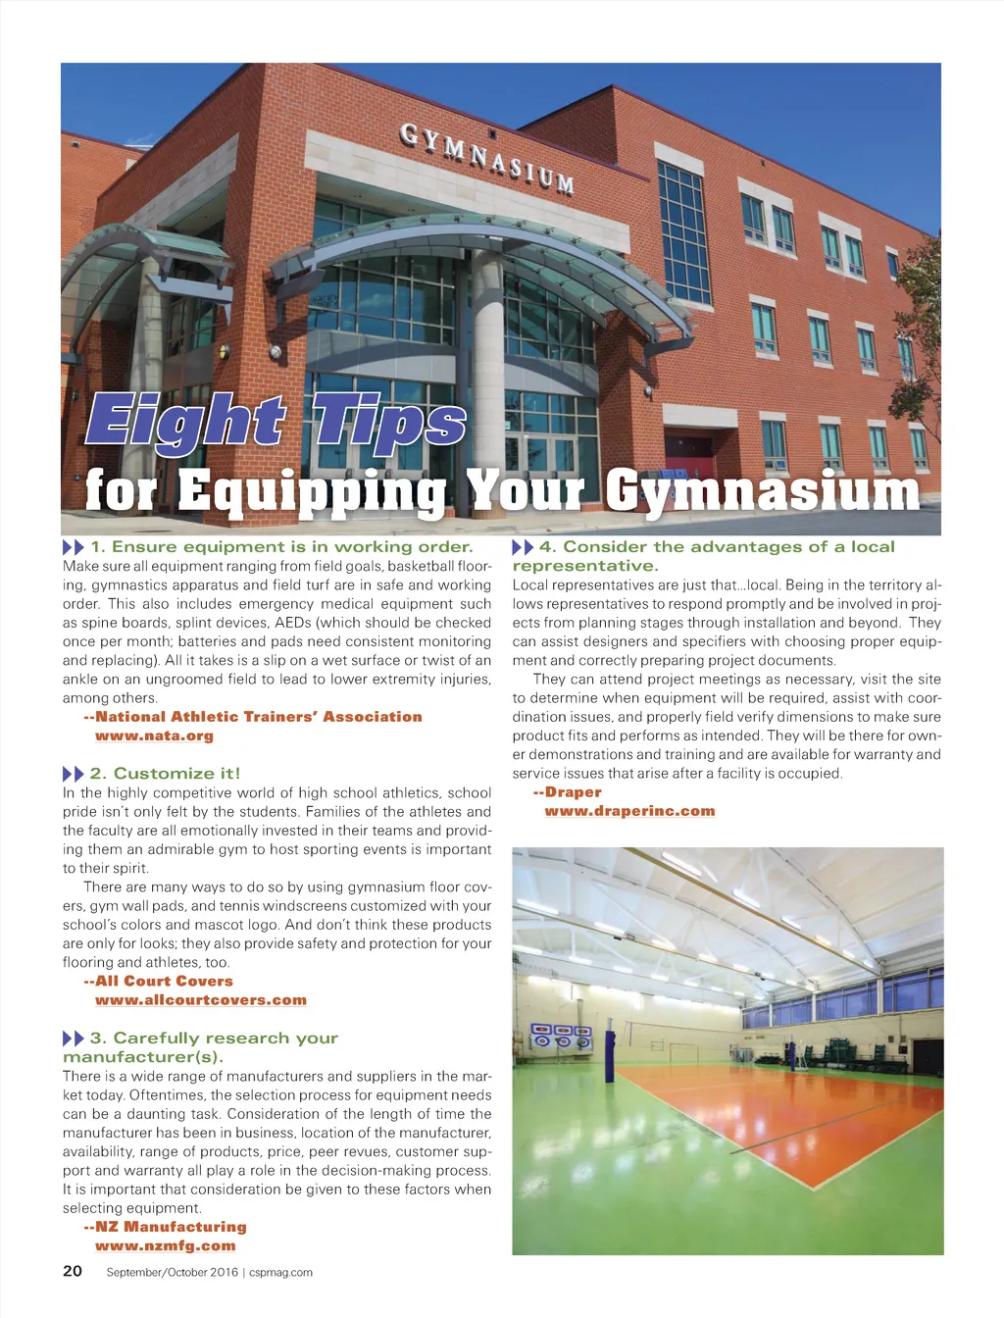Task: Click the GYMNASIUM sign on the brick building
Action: [x=487, y=157]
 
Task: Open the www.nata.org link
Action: [x=154, y=735]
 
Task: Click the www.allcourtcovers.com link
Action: [x=201, y=1000]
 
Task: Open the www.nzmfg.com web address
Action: [x=166, y=1245]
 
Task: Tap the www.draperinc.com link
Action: [x=629, y=811]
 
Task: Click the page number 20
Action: [x=73, y=1271]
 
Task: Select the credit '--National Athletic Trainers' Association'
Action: [x=253, y=717]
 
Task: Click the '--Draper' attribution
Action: [x=568, y=792]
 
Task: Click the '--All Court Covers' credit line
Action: [x=159, y=981]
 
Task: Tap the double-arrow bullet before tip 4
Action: [x=523, y=547]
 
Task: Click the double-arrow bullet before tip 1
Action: [x=74, y=547]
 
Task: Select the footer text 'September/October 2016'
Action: [x=172, y=1272]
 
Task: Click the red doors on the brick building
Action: [x=689, y=446]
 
